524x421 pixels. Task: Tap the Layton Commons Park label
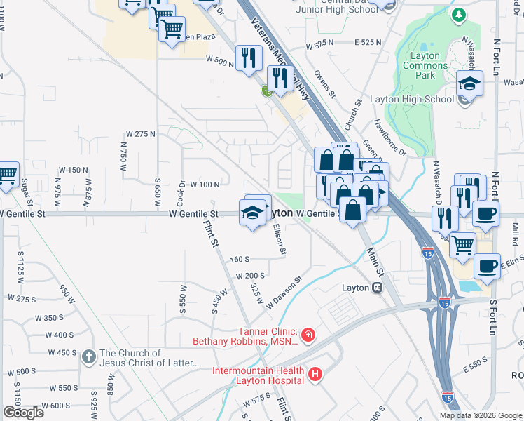point(421,66)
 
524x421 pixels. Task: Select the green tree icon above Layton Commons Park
point(459,15)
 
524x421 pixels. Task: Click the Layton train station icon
point(377,287)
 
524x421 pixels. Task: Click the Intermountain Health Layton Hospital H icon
point(315,375)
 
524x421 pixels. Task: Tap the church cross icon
point(88,356)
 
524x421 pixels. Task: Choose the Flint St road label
point(209,234)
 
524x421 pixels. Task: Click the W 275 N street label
point(139,133)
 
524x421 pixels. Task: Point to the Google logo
point(24,413)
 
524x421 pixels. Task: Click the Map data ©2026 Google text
point(481,415)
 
